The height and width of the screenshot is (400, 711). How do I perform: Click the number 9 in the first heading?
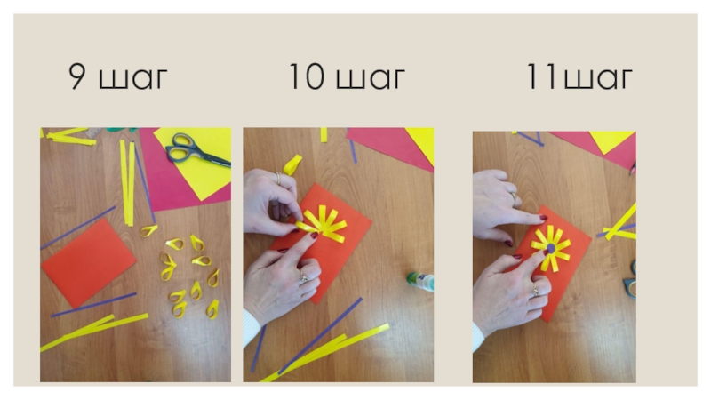77,76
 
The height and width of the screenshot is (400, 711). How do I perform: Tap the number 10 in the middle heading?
307,76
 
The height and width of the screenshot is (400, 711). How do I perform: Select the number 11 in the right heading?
542,76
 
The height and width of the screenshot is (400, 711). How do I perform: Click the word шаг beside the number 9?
132,79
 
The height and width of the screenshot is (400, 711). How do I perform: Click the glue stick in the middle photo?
420,281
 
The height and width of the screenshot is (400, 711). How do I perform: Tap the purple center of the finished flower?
550,248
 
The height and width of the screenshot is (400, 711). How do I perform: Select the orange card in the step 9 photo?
88,262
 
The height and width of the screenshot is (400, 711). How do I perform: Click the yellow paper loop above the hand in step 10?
292,164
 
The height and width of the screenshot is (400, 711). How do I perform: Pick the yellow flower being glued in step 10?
322,223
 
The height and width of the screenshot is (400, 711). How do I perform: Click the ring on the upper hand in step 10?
278,178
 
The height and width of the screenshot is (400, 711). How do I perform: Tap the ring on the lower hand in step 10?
303,276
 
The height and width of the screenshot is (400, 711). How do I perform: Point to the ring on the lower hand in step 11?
536,291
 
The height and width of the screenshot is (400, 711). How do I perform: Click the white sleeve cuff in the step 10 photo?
251,328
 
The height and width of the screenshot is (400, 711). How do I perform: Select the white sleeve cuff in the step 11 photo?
477,338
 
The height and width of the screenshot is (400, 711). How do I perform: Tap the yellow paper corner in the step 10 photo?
421,142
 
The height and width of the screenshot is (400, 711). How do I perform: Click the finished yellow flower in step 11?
551,248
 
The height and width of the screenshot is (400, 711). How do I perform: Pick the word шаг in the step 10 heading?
370,79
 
